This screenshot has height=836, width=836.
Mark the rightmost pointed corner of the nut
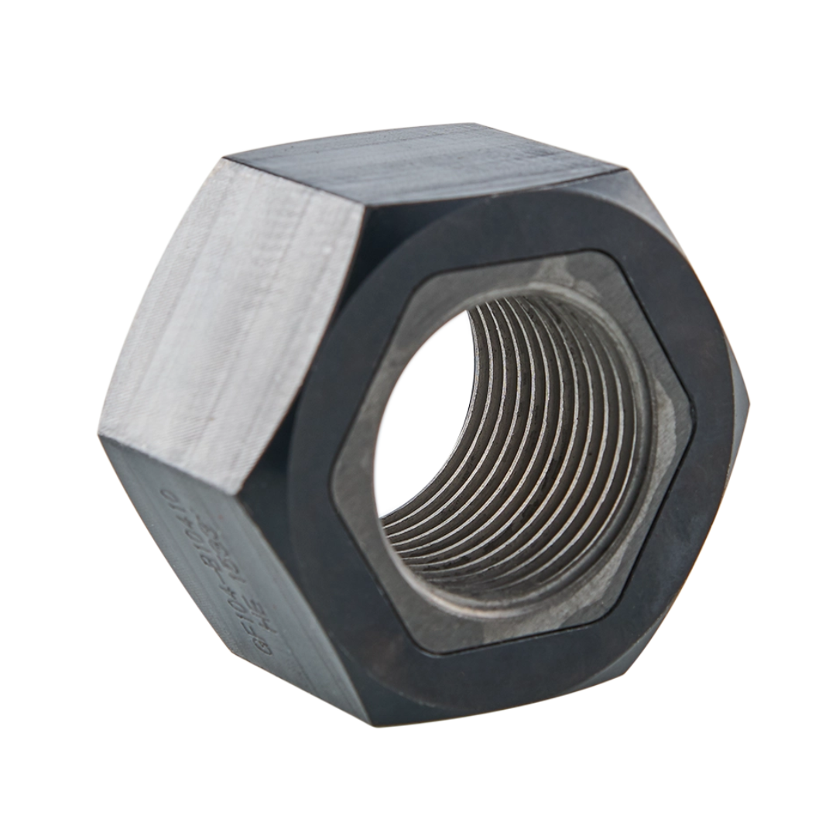(749, 399)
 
